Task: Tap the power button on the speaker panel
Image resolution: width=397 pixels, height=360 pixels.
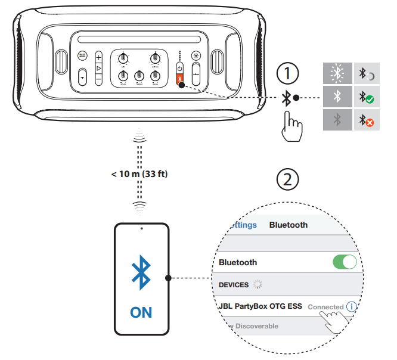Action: tap(179, 68)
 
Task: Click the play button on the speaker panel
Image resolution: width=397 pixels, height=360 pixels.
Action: tap(99, 68)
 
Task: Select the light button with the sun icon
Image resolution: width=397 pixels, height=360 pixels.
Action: tap(196, 57)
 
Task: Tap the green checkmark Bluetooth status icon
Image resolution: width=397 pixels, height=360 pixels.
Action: tap(366, 97)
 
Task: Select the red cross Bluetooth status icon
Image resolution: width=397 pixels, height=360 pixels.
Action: tap(366, 120)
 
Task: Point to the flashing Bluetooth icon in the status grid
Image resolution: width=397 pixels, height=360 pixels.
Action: tap(337, 74)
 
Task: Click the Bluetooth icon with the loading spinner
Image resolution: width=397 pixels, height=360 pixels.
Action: tap(366, 74)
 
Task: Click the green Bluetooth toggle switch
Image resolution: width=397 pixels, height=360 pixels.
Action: tap(345, 262)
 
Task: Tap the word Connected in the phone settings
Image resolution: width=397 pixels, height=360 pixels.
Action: tap(325, 307)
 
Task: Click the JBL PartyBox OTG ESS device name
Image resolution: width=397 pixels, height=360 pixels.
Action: tap(260, 306)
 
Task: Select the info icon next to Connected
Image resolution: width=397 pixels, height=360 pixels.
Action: tap(351, 306)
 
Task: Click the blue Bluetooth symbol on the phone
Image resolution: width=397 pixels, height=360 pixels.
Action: tap(141, 274)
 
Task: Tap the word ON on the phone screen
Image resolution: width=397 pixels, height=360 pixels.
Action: tap(141, 312)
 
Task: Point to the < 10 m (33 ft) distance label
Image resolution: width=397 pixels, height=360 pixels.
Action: tap(139, 173)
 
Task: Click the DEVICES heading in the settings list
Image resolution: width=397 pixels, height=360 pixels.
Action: tap(234, 285)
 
